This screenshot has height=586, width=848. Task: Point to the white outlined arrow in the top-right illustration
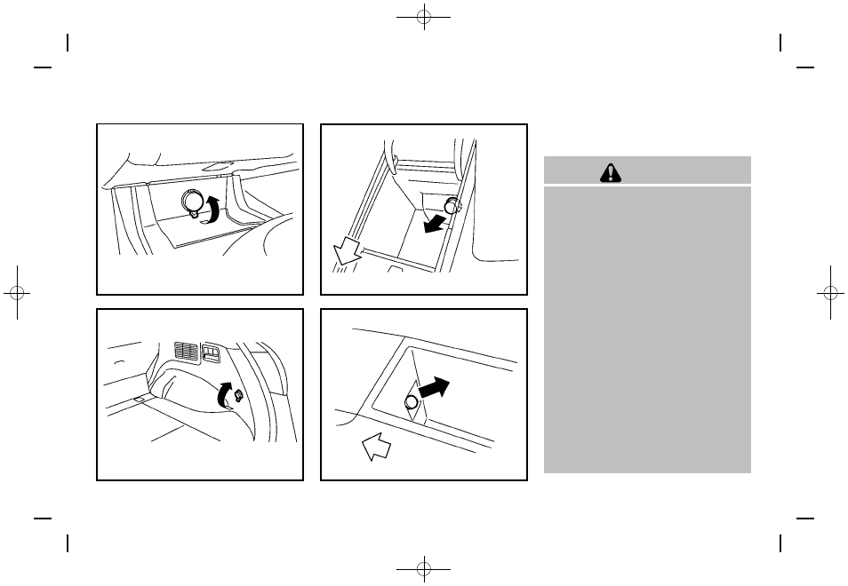point(345,252)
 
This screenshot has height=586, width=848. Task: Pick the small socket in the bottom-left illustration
point(238,396)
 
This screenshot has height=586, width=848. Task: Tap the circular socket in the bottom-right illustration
point(412,403)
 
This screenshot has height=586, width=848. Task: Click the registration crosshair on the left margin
point(17,293)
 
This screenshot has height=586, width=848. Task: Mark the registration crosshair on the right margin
point(830,293)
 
